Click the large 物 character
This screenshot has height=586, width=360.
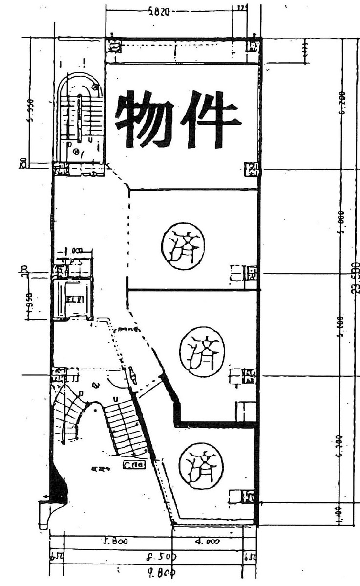(x=144, y=119)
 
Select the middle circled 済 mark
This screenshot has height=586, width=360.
(x=202, y=351)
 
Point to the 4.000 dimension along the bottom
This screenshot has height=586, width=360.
(x=208, y=542)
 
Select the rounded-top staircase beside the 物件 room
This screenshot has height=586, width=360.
(x=80, y=117)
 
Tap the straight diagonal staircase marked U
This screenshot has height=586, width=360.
(x=125, y=425)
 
